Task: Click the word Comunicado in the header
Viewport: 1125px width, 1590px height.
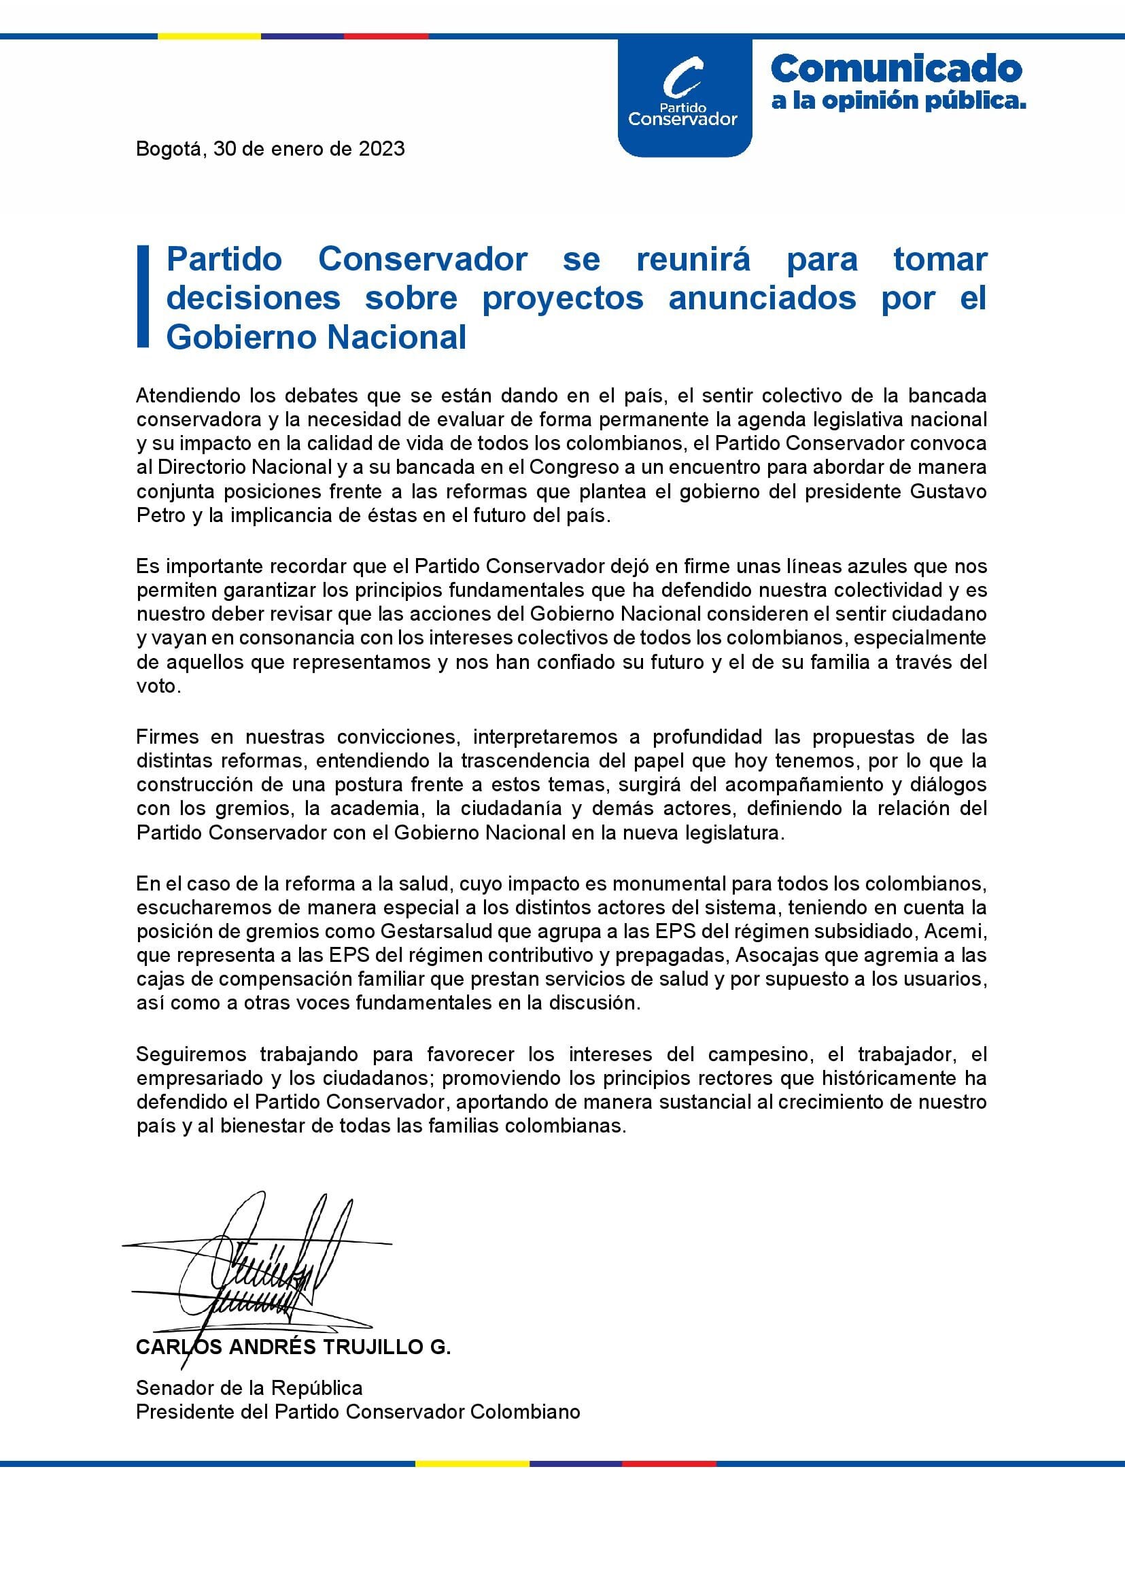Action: click(896, 69)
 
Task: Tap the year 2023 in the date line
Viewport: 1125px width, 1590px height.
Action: click(381, 149)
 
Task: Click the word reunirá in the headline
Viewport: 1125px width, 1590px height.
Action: click(693, 260)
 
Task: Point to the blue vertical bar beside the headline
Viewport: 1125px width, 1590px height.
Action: click(143, 296)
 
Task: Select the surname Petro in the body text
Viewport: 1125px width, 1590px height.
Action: click(157, 515)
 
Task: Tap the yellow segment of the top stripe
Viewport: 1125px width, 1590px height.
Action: click(209, 35)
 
